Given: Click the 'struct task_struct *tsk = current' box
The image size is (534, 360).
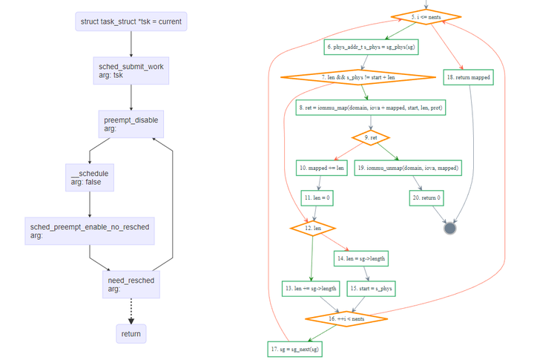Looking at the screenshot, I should coord(131,22).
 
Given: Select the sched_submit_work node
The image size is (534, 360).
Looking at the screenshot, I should coord(131,71).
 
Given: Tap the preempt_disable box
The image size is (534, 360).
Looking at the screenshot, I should coord(131,124).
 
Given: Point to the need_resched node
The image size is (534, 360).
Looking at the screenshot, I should coord(131,284).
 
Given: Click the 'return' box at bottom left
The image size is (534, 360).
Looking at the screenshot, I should coord(131,334).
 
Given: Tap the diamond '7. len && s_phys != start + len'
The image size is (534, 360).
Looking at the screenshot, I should coord(357,77).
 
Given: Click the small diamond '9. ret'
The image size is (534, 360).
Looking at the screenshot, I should coord(371,137).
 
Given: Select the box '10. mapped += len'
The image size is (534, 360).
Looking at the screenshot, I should coord(323,168).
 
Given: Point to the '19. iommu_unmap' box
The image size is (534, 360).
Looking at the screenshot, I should coord(409,168).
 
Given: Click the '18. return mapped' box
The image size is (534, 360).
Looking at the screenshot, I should coord(468,77).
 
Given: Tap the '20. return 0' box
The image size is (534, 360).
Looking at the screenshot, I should coord(426,198).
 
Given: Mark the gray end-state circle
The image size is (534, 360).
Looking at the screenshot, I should coord(449,227).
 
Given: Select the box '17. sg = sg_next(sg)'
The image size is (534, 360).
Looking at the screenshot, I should coord(295,348).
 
